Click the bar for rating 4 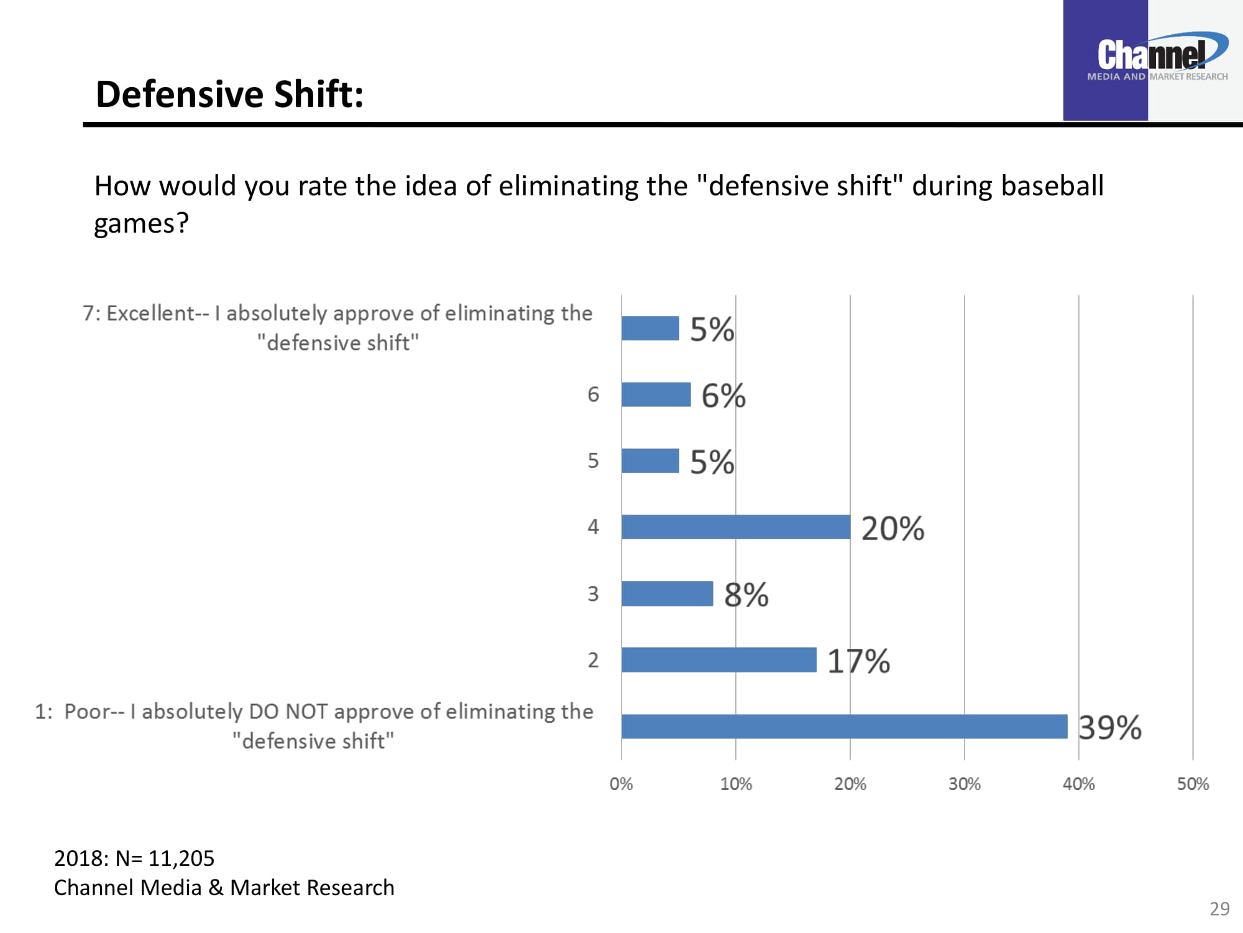point(736,527)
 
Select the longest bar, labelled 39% point(844,726)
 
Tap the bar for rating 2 point(718,659)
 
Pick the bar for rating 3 point(667,593)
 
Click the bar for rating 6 point(656,394)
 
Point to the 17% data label point(858,661)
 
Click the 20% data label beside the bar point(892,528)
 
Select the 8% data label point(746,595)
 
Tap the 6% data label point(723,396)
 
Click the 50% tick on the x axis point(1193,784)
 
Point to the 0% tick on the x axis point(621,784)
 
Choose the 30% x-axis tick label point(964,784)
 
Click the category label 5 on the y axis point(593,460)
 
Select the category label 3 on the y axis point(593,593)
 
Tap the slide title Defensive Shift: point(229,95)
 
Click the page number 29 point(1219,909)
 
